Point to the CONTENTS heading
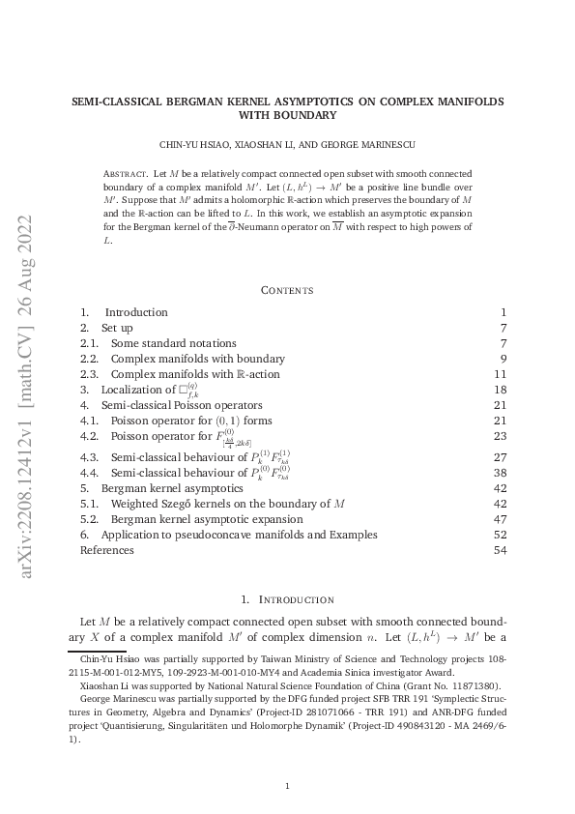pos(287,289)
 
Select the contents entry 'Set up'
pos(117,328)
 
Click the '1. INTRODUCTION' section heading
pos(287,599)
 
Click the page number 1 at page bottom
pos(287,786)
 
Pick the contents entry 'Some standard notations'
pos(173,343)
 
